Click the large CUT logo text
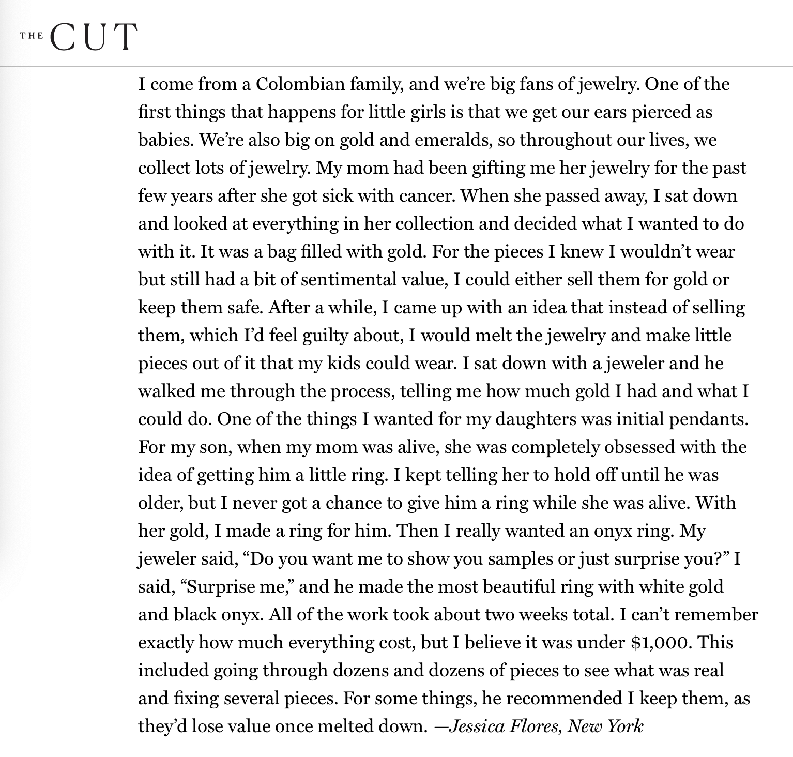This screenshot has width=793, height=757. [x=94, y=37]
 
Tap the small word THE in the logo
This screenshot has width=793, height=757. [x=32, y=36]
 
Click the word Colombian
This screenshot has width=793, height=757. [x=300, y=84]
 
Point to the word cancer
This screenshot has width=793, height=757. [x=427, y=196]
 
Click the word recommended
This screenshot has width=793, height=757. [x=564, y=699]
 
